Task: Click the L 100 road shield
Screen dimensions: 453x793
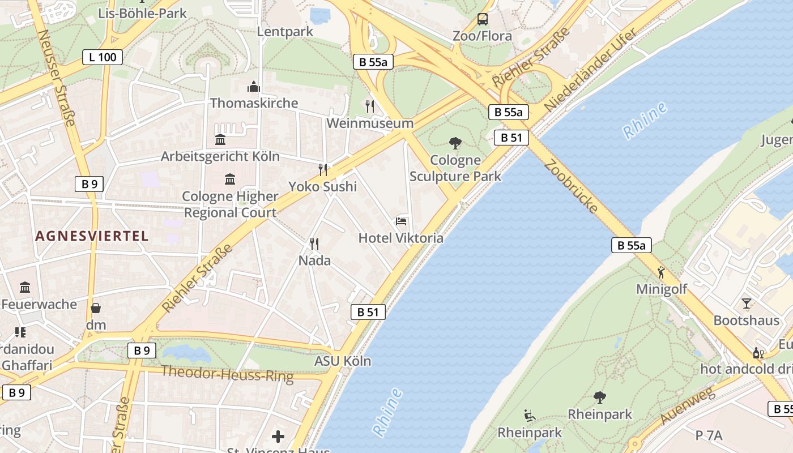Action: click(x=103, y=57)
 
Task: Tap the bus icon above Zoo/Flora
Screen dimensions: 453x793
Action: click(x=482, y=19)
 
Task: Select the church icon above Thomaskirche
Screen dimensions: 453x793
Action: click(x=253, y=87)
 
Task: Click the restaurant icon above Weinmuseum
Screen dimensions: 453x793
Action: click(x=370, y=106)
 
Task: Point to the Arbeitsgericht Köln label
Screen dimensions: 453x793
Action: click(x=220, y=156)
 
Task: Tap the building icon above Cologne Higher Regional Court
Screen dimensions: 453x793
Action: click(x=230, y=180)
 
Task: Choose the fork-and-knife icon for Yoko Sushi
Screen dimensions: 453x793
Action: click(x=323, y=169)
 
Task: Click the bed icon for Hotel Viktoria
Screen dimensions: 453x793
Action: click(x=401, y=221)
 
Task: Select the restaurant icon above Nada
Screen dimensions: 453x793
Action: click(x=314, y=244)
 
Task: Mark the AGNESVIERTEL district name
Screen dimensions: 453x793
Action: click(x=92, y=236)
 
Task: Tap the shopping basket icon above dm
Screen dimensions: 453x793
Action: click(x=96, y=309)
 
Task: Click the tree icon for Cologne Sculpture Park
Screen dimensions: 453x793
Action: click(x=455, y=143)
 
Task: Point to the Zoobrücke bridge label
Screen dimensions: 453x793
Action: click(x=571, y=186)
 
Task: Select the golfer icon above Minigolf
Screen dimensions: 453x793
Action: click(x=660, y=272)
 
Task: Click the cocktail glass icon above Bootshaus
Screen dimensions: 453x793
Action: click(x=746, y=304)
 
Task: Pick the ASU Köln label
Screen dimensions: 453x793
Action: click(x=343, y=361)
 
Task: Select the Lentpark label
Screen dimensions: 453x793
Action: click(x=285, y=32)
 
